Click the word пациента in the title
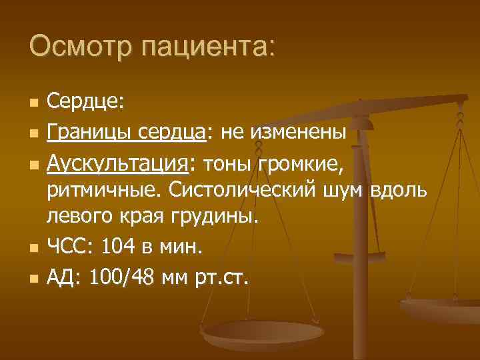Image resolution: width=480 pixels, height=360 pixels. pos(199,48)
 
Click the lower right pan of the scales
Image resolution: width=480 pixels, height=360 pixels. pos(440,308)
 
